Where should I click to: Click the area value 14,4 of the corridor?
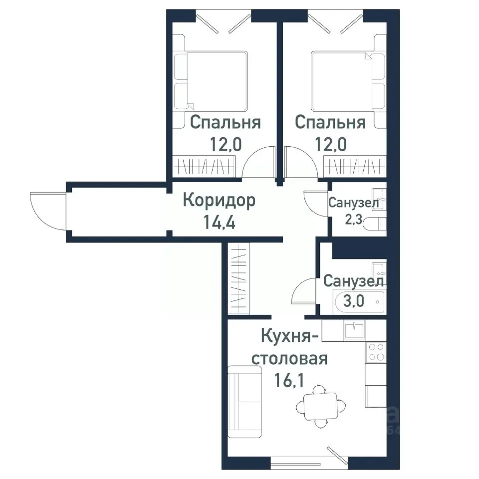[x=219, y=221]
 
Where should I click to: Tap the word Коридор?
[x=219, y=201]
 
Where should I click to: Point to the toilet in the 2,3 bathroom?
[x=375, y=224]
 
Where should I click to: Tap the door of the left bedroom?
[x=258, y=163]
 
